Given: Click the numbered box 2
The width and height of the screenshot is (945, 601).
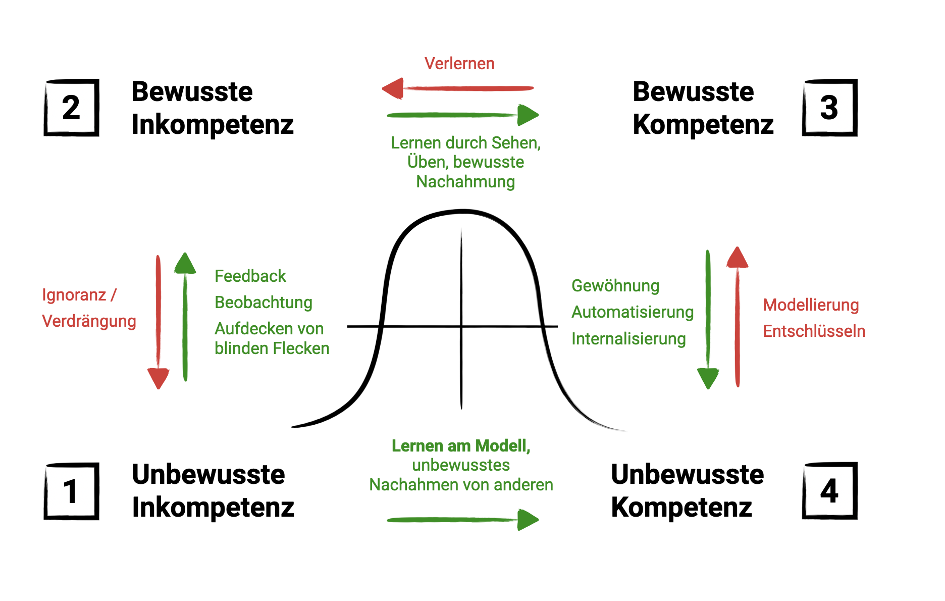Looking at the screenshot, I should coord(71,108).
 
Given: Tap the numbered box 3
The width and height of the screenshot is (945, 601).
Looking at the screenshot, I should coord(829,108).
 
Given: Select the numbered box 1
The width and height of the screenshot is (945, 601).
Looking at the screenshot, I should coord(71,491).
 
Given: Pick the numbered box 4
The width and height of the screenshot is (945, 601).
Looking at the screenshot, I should coord(829,491).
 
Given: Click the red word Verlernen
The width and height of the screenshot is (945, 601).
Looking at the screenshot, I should coord(459,64).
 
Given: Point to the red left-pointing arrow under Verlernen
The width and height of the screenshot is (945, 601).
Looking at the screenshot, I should coord(457,89).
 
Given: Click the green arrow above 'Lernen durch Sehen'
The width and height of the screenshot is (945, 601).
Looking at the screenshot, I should coord(462,115).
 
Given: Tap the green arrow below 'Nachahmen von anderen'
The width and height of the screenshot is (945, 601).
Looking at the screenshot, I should coord(462,520).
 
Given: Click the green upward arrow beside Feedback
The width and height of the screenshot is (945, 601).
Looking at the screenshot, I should coord(185,316).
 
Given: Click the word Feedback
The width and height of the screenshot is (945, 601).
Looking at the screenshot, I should coord(250,276).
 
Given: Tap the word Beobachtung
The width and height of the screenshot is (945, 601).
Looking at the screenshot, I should coord(264,303).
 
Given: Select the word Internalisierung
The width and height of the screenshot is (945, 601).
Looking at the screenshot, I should coord(628,339).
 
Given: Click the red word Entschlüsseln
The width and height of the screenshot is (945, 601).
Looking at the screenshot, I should coord(814,331).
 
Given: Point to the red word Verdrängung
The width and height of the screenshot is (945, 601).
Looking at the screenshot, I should coord(89,321).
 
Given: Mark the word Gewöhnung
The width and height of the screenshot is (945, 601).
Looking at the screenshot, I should coord(615,286).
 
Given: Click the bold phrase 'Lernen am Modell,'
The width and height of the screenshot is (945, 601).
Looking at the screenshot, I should coord(461,446).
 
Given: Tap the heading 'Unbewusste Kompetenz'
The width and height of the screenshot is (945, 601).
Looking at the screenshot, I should coord(687,490).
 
